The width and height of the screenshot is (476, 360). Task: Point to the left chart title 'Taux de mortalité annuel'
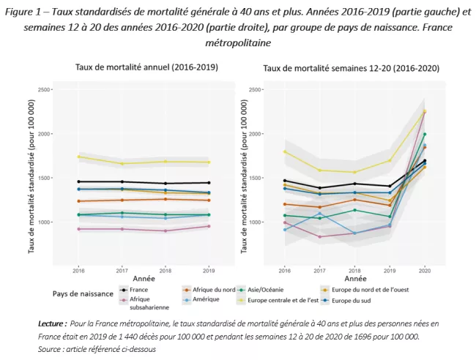(x=146, y=67)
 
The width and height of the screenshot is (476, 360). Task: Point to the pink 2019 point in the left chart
(x=209, y=226)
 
